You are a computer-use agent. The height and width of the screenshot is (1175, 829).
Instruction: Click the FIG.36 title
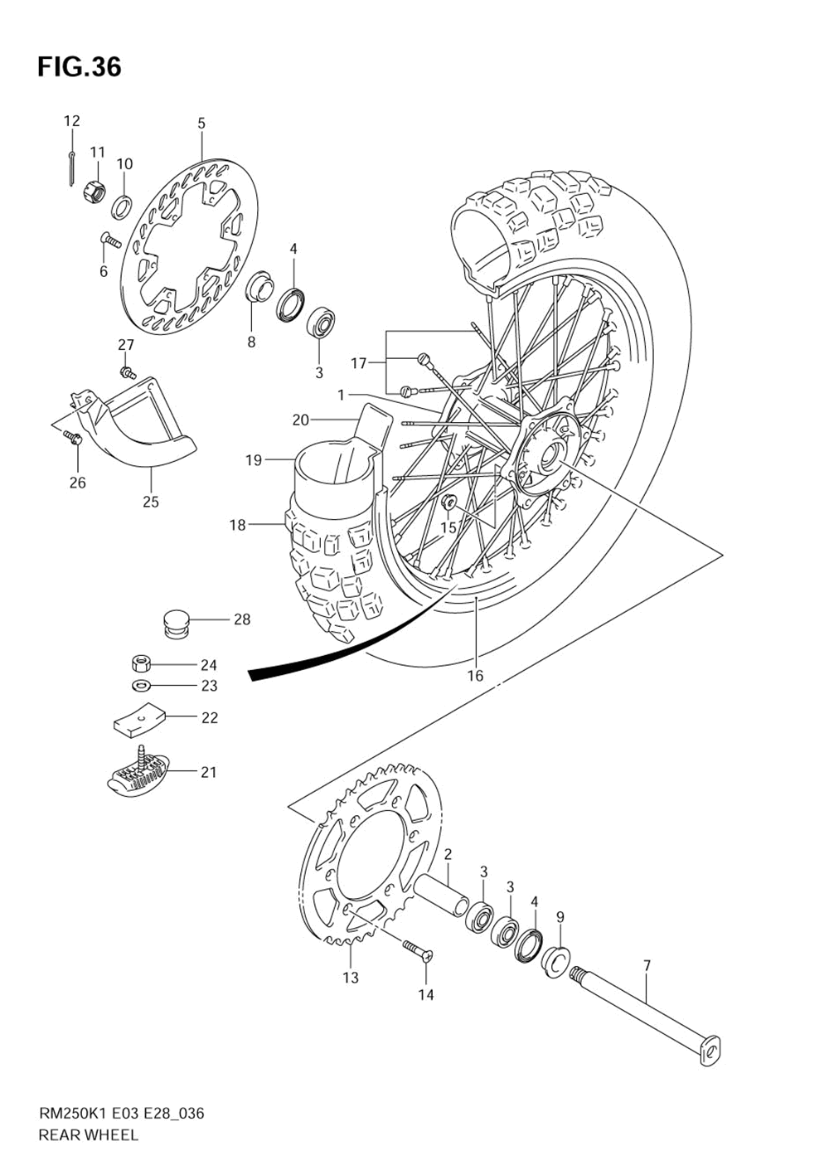point(79,66)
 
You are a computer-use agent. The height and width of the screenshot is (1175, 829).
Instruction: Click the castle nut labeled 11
point(95,192)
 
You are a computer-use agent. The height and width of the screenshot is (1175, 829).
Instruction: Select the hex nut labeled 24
point(140,663)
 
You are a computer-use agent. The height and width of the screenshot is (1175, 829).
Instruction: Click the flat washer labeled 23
point(141,686)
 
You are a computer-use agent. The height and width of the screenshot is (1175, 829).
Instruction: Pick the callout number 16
point(475,676)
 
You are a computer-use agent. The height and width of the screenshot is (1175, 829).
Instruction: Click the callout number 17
point(358,363)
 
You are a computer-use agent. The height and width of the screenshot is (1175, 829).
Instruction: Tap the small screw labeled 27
point(127,372)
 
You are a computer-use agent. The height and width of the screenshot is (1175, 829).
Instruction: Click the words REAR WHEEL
point(88,1135)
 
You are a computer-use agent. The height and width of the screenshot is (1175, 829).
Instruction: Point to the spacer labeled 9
point(556,962)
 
